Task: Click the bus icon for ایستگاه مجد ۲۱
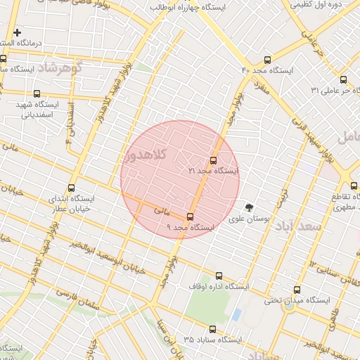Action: (x=214, y=160)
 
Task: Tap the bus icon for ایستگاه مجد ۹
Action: (x=190, y=217)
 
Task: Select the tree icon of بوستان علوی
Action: (x=248, y=207)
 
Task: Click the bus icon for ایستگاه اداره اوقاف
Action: (x=219, y=276)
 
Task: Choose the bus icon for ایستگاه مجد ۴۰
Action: (x=266, y=60)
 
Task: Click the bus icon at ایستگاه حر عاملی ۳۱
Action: (x=343, y=79)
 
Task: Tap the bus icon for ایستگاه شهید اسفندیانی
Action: (x=37, y=94)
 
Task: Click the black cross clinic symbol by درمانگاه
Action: (x=17, y=32)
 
